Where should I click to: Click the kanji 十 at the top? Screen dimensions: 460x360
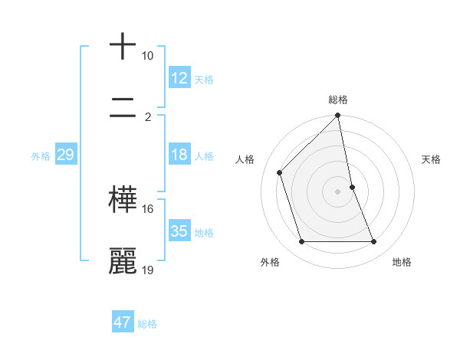coord(123,47)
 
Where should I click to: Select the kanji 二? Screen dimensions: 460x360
coord(123,110)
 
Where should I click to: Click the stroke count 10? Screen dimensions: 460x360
coord(147,56)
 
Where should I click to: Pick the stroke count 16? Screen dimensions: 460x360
coord(147,208)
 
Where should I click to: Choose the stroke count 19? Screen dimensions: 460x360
coord(147,270)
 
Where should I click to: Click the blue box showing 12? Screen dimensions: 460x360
coord(179,78)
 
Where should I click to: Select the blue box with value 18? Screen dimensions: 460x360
coord(179,155)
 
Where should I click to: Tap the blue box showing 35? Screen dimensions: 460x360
coord(179,231)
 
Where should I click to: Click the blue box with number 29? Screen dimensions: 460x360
coord(65,155)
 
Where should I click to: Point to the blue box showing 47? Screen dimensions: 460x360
coord(123,322)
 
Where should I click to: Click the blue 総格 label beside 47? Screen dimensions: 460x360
coord(147,324)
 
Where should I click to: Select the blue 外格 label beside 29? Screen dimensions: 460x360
coord(41,156)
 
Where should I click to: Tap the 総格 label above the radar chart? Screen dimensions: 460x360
coord(338,100)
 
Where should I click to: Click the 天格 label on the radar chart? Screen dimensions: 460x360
coord(432,159)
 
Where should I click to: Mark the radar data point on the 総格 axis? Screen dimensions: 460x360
coord(338,116)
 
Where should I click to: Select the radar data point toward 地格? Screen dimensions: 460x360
coord(374,242)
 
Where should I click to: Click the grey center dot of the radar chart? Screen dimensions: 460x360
coord(338,191)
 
